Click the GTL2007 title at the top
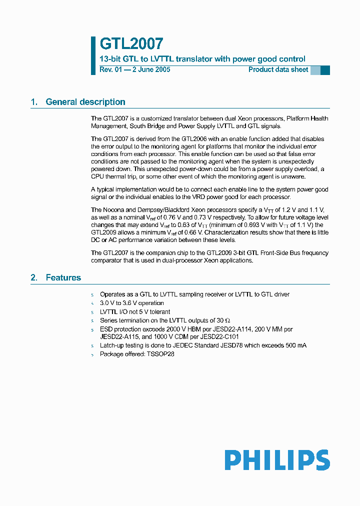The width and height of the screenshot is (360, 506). [131, 44]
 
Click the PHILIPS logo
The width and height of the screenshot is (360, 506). [277, 459]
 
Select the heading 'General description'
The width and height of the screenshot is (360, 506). [85, 102]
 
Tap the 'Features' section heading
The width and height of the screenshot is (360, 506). [63, 277]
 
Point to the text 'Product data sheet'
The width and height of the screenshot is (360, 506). [278, 69]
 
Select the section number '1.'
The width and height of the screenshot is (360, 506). [34, 102]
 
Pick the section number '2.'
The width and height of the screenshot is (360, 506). [34, 277]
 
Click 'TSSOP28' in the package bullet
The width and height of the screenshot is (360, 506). [160, 354]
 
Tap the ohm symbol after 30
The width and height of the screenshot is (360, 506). [227, 320]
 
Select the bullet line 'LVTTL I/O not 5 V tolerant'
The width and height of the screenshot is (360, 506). [135, 311]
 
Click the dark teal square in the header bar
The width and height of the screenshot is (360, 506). [325, 70]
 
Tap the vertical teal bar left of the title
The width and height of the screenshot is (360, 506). [93, 55]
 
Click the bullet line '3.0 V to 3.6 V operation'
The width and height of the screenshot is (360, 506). [132, 303]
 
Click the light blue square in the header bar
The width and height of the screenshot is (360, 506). [315, 70]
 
